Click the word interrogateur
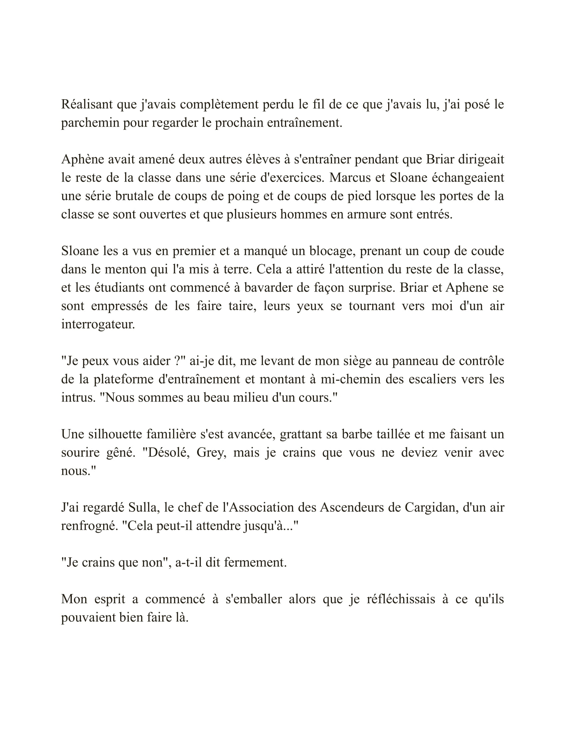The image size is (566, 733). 98,324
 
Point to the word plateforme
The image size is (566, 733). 122,379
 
